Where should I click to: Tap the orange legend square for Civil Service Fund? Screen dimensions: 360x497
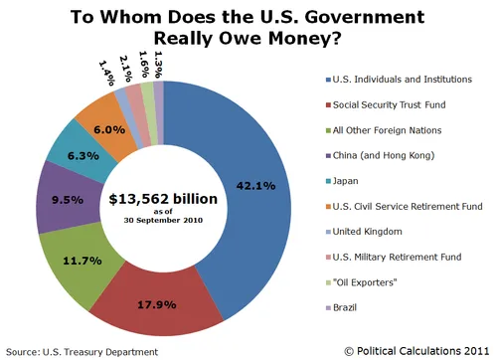(x=326, y=207)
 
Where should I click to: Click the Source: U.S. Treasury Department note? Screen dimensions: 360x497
(x=81, y=351)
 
